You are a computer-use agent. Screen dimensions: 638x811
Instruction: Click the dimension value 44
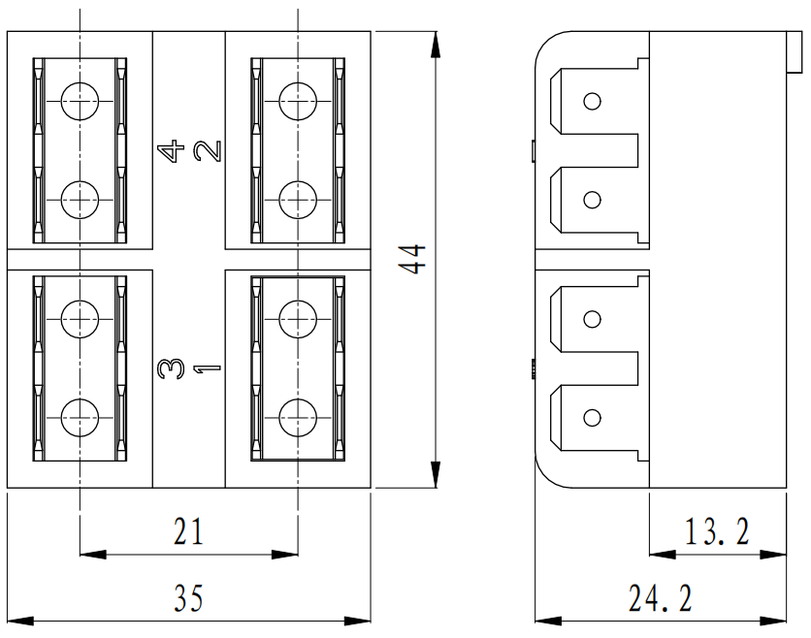[x=414, y=260]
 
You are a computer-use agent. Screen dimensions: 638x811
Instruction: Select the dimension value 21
[x=189, y=531]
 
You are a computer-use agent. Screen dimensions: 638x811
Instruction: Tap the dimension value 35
[x=189, y=598]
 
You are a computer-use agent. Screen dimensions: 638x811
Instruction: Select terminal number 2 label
[x=207, y=151]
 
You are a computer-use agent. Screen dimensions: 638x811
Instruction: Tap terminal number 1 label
[x=207, y=368]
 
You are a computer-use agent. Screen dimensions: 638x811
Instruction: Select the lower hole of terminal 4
[x=80, y=200]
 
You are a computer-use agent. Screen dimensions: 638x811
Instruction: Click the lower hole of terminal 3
[x=80, y=418]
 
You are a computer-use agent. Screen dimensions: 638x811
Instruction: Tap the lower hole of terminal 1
[x=297, y=418]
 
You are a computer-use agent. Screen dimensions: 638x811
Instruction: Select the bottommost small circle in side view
[x=592, y=418]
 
